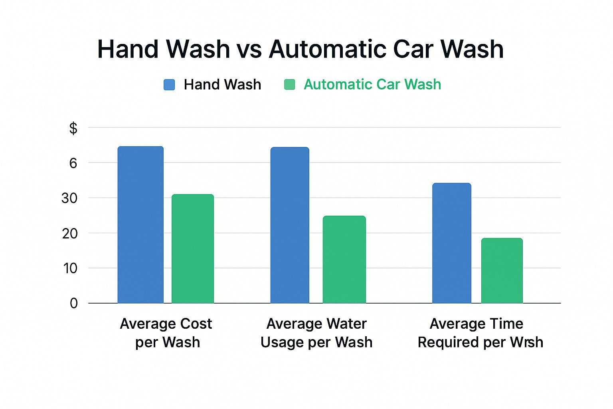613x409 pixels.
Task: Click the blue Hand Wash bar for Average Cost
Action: (140, 225)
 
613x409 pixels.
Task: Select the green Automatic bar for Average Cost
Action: (193, 249)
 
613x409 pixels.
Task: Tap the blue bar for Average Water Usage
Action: (290, 225)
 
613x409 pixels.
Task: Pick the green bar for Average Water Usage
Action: (344, 260)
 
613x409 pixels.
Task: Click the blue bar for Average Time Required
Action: (452, 243)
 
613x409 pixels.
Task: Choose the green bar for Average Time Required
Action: (502, 271)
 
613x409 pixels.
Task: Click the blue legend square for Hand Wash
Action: (169, 85)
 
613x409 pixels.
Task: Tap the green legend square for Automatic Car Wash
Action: (289, 85)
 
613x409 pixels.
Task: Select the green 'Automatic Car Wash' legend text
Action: (372, 85)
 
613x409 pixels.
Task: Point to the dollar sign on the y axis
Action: (73, 129)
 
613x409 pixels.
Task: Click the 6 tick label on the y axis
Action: (73, 163)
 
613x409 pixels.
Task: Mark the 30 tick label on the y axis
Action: (69, 198)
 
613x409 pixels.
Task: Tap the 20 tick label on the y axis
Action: (69, 233)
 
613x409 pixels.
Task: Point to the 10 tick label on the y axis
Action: (69, 268)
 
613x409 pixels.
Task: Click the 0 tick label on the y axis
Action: (73, 304)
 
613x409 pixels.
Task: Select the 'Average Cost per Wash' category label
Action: (166, 333)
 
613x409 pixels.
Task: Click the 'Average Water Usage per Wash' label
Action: (316, 333)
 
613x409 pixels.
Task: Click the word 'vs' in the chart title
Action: (249, 50)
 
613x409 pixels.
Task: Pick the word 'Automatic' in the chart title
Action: (327, 50)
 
